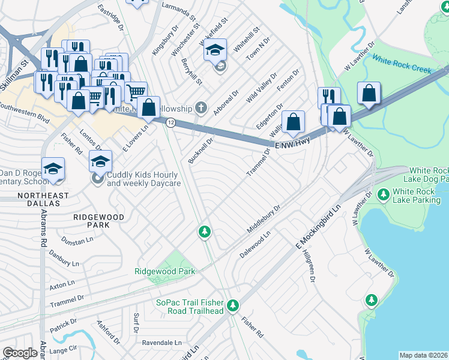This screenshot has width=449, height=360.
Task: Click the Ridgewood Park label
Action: [x=165, y=271]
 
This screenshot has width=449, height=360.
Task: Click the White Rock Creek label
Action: [x=402, y=64]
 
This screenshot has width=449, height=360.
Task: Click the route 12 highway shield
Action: [x=171, y=122]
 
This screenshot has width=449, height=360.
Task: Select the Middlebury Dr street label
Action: [x=264, y=220]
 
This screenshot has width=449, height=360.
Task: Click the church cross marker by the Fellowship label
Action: [x=201, y=108]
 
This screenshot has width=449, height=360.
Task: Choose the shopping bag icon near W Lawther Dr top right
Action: [x=369, y=94]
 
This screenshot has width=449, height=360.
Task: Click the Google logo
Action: [x=20, y=353]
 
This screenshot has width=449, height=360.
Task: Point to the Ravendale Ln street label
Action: [x=161, y=343]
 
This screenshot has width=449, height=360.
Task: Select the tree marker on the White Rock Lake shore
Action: [x=372, y=299]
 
